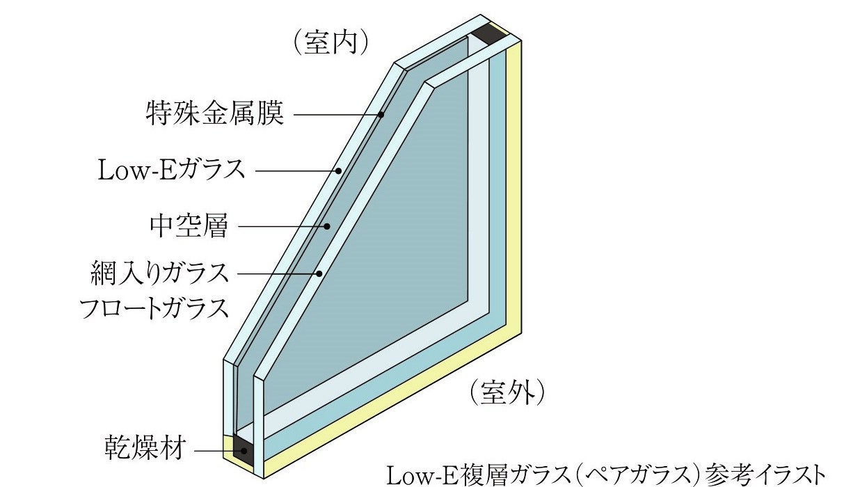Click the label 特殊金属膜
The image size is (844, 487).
coord(215,113)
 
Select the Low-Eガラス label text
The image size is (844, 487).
coord(171,170)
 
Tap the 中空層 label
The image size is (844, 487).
coord(189,226)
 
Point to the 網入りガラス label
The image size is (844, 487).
coord(160,273)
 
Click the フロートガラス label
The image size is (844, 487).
coord(154,308)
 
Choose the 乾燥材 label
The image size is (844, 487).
coord(145,449)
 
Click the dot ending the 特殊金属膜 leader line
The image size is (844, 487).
coord(381,114)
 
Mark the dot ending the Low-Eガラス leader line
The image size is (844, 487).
coord(338,170)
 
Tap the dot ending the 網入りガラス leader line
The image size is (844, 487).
coord(319,273)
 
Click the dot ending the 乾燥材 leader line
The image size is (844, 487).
coord(244,451)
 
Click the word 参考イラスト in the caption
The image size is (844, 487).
coord(765,474)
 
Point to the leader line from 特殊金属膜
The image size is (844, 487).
coord(334,114)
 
